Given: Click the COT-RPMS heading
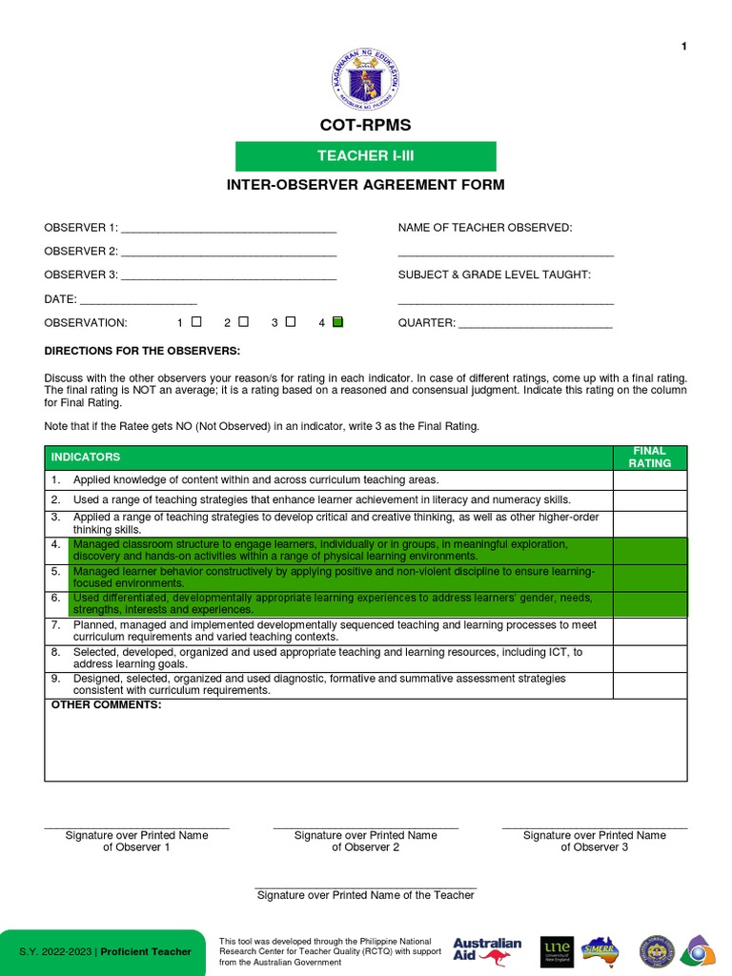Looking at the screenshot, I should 366,126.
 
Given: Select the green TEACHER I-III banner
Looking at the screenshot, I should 366,156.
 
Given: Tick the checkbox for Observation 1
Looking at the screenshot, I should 196,322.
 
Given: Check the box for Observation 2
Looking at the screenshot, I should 244,322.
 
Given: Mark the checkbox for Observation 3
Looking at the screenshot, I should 291,322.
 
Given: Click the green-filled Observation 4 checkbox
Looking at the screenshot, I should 337,322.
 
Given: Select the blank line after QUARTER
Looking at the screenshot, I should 536,325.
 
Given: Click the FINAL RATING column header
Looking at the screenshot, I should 649,457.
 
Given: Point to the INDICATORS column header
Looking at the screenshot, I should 86,457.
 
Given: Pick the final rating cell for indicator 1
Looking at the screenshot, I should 649,480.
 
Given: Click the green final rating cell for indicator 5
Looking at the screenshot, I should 649,578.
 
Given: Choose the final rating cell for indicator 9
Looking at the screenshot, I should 649,684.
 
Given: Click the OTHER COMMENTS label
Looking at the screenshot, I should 106,705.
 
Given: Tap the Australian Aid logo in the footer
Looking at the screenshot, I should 487,950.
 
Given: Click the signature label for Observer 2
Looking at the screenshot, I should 365,841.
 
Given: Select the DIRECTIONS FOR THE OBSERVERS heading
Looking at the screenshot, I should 142,351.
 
